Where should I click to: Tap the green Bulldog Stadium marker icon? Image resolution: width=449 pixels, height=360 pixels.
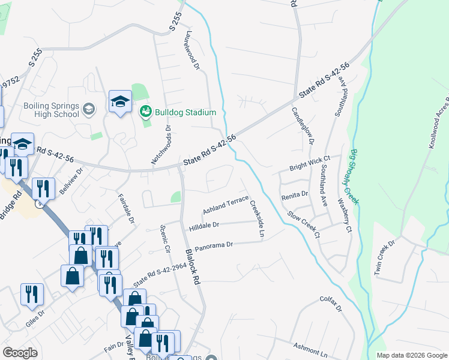point(145,112)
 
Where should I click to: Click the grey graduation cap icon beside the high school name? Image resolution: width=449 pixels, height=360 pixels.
point(89,109)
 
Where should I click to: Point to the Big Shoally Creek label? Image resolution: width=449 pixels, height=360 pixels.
point(354,177)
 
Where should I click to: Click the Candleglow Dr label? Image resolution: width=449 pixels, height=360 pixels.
point(303,126)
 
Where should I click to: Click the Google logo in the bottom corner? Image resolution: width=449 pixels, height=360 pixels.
point(20,352)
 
